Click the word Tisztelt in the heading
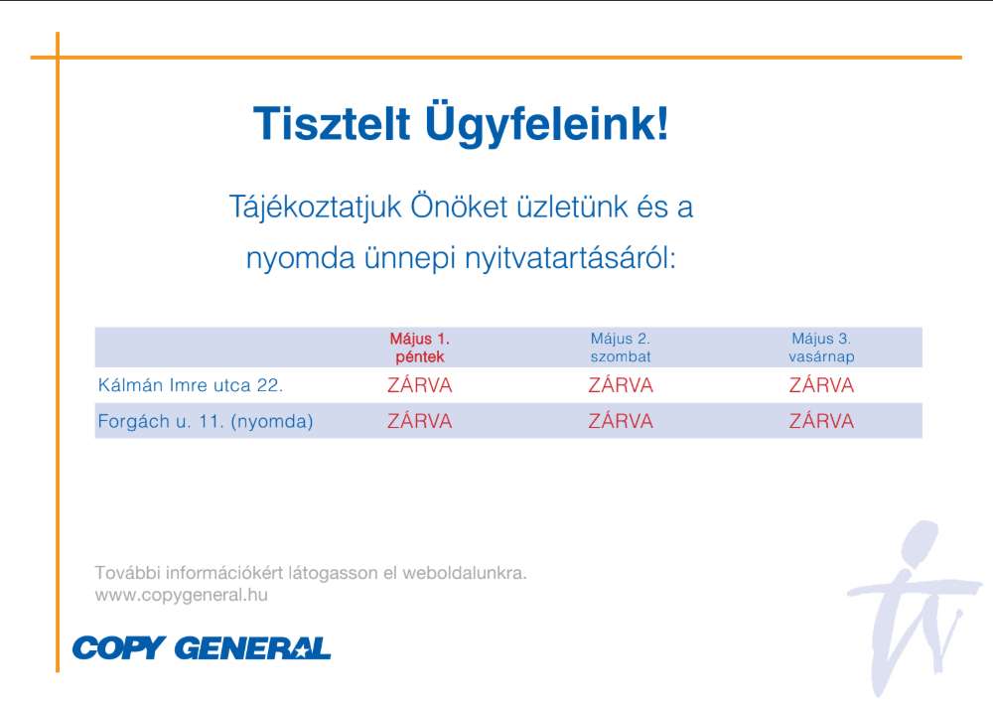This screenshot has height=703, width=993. [x=332, y=123]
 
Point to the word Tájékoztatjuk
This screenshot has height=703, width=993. [x=315, y=208]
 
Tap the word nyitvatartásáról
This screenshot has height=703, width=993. [x=571, y=258]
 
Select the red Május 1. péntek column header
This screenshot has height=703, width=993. [x=419, y=348]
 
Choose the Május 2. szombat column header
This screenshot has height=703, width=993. [x=620, y=348]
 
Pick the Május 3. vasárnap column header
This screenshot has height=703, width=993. [x=821, y=348]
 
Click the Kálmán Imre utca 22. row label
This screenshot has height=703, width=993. [x=190, y=385]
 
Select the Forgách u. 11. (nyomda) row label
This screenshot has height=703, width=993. [x=206, y=421]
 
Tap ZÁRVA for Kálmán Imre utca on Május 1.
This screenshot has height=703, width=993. [x=419, y=385]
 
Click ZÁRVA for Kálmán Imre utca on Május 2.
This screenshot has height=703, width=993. [x=620, y=385]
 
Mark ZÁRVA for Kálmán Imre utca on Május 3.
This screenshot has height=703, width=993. [x=821, y=385]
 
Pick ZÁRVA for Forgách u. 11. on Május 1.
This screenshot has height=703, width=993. [x=419, y=421]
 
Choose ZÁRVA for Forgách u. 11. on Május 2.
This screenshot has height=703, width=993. [x=620, y=421]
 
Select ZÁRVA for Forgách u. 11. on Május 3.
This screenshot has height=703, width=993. [x=821, y=421]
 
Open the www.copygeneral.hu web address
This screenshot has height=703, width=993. [x=181, y=596]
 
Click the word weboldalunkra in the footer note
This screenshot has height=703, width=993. [x=464, y=573]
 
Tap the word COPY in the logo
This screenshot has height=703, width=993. [x=119, y=648]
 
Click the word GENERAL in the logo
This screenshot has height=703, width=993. [x=252, y=648]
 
